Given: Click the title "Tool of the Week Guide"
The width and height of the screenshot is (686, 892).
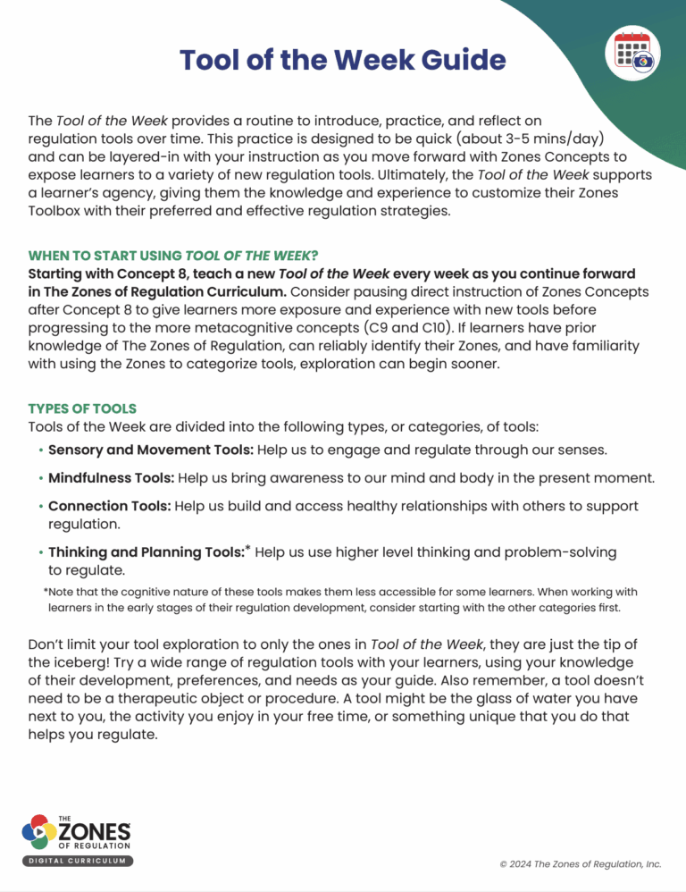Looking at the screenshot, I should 342,60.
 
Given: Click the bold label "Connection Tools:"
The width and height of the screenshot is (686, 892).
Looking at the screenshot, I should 109,506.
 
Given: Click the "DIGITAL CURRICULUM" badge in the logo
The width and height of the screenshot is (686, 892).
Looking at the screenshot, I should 78,861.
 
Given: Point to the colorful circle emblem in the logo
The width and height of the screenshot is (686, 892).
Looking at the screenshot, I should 38,833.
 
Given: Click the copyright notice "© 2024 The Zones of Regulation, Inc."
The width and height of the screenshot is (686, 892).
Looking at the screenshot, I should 581,864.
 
